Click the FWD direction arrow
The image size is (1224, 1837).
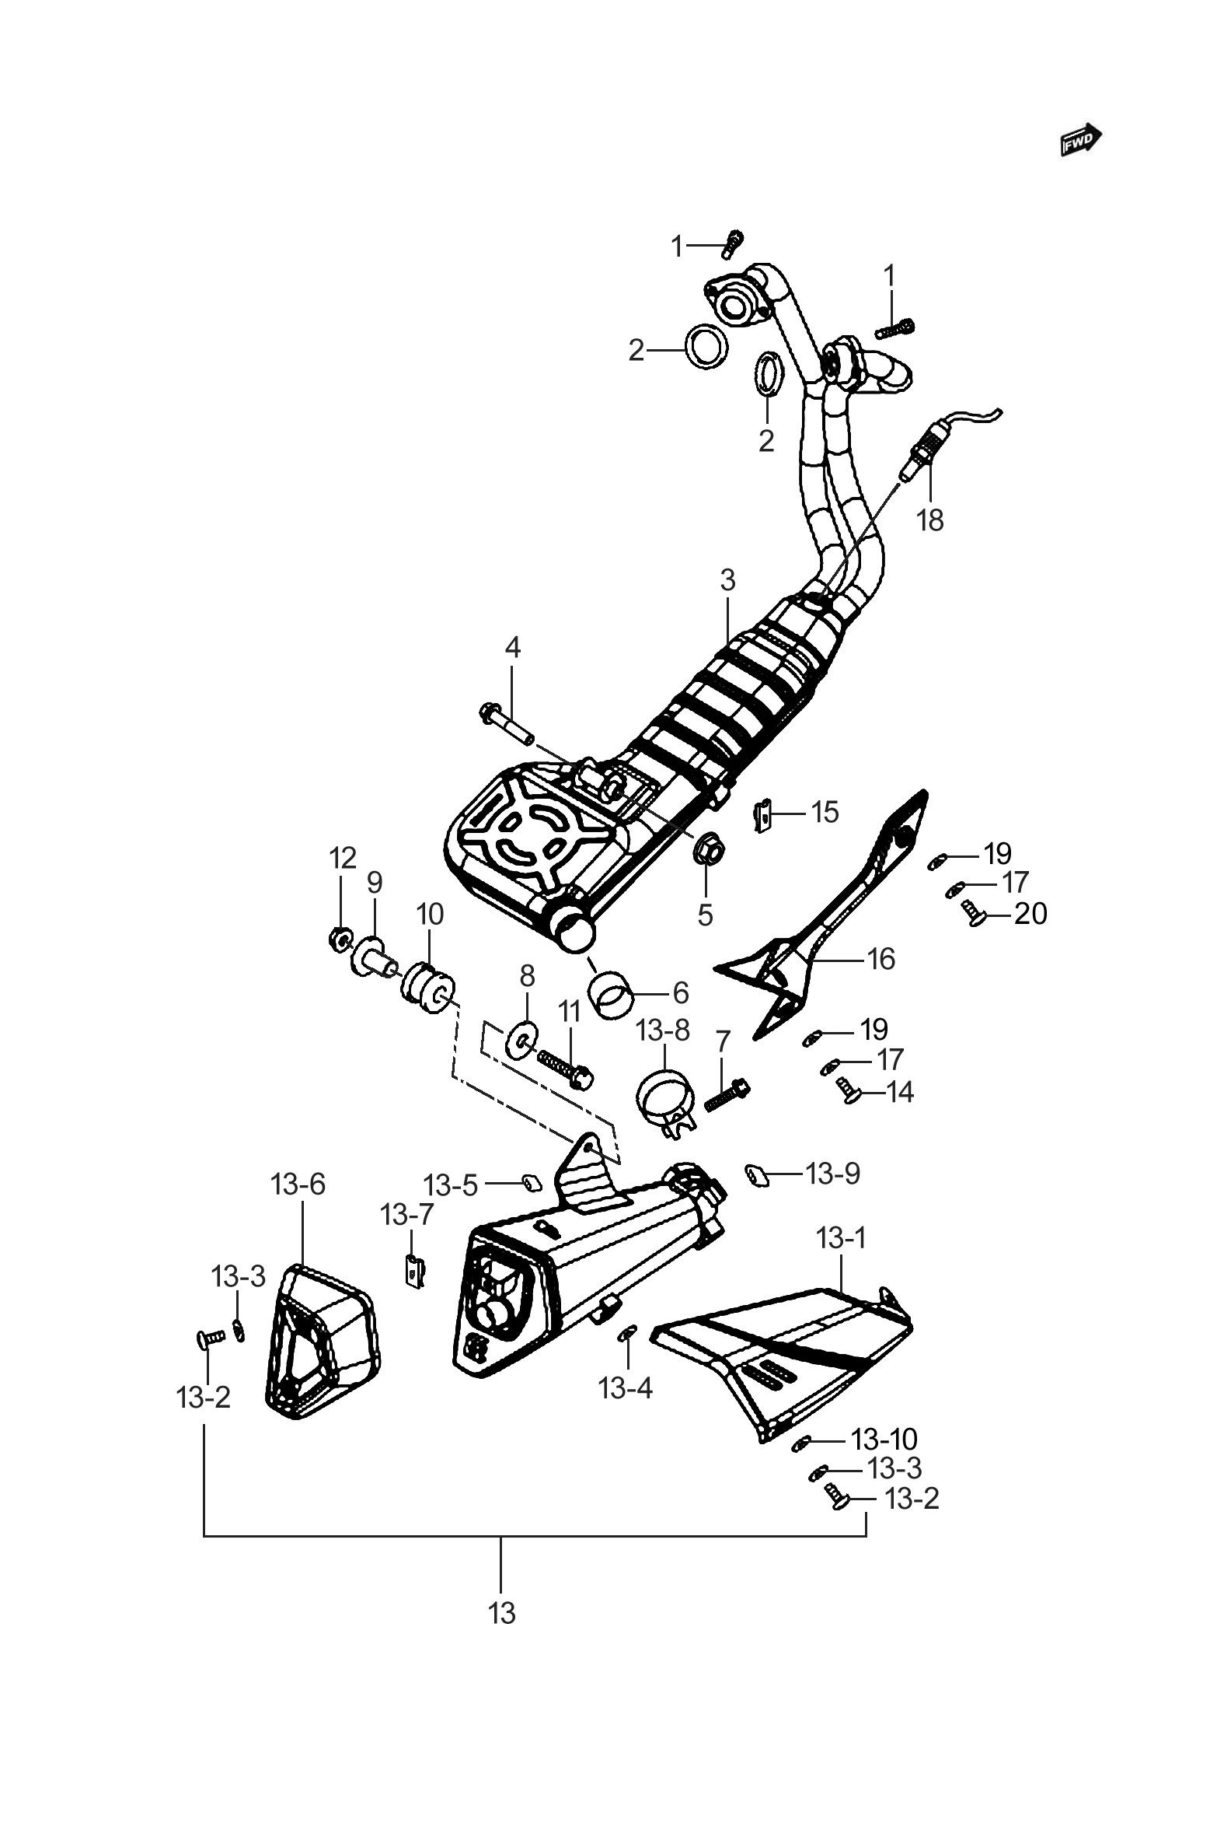click(x=1081, y=141)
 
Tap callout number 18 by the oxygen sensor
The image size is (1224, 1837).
click(x=929, y=520)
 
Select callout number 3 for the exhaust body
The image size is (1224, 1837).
click(x=727, y=580)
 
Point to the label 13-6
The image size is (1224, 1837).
click(x=298, y=1184)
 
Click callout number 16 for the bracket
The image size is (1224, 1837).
click(x=881, y=959)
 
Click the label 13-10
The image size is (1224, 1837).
click(x=884, y=1439)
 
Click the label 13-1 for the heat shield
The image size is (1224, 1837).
click(x=842, y=1238)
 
